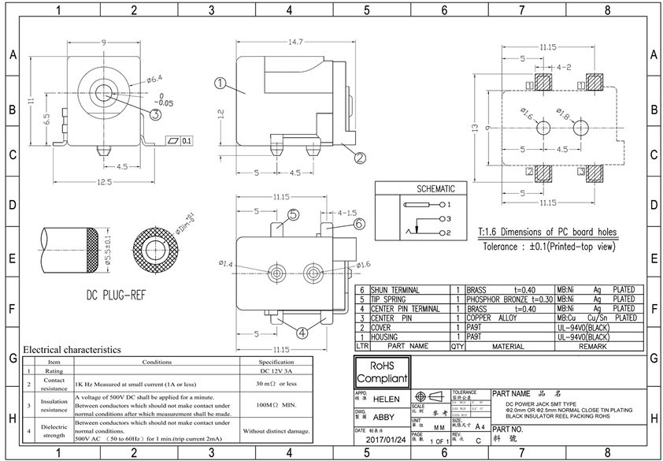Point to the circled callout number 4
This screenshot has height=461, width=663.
301,333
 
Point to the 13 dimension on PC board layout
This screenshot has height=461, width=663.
475,128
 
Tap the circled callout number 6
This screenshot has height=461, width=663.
359,224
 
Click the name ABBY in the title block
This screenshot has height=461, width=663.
383,418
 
